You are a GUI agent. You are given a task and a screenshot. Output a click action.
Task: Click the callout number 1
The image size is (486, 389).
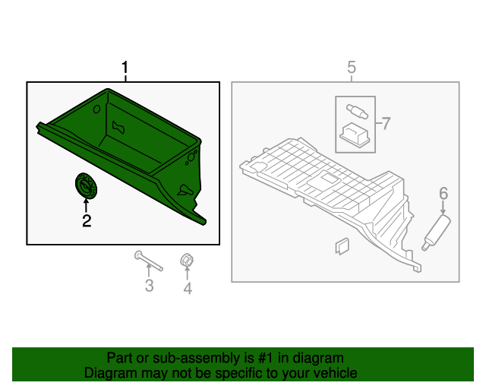pos(125,68)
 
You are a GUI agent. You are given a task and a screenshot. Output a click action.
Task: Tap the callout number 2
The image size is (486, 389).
pos(87,221)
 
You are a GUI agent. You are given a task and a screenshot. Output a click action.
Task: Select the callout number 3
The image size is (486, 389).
pos(150,286)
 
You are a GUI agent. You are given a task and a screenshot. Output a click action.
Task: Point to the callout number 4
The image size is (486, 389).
pos(188,289)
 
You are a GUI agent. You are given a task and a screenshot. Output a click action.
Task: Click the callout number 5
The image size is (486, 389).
pos(352,68)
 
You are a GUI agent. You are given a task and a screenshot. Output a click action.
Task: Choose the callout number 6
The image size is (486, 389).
pos(443,193)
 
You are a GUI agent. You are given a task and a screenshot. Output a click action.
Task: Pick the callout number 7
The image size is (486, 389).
pos(386,124)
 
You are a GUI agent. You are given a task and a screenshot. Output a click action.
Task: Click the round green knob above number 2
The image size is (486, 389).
pos(86,185)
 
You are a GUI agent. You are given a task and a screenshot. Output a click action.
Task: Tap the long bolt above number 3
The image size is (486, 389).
pos(149,261)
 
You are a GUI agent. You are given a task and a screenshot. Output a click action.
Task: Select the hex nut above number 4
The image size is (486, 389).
pos(187,260)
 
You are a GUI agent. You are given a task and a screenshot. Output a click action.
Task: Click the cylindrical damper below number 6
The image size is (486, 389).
pos(436,232)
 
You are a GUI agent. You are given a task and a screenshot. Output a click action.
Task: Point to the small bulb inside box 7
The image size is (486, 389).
pos(357,112)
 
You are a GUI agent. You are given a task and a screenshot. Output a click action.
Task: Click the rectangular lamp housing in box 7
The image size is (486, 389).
pos(355,135)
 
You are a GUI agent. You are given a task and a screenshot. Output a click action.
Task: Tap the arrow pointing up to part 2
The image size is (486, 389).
pos(86,206)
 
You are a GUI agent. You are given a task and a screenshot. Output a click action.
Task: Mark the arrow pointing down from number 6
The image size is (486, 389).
pos(443,207)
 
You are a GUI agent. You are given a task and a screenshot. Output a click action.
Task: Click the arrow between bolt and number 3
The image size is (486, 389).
pos(149,270)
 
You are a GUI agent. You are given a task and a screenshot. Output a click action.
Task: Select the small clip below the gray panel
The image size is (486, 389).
pos(342,246)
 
